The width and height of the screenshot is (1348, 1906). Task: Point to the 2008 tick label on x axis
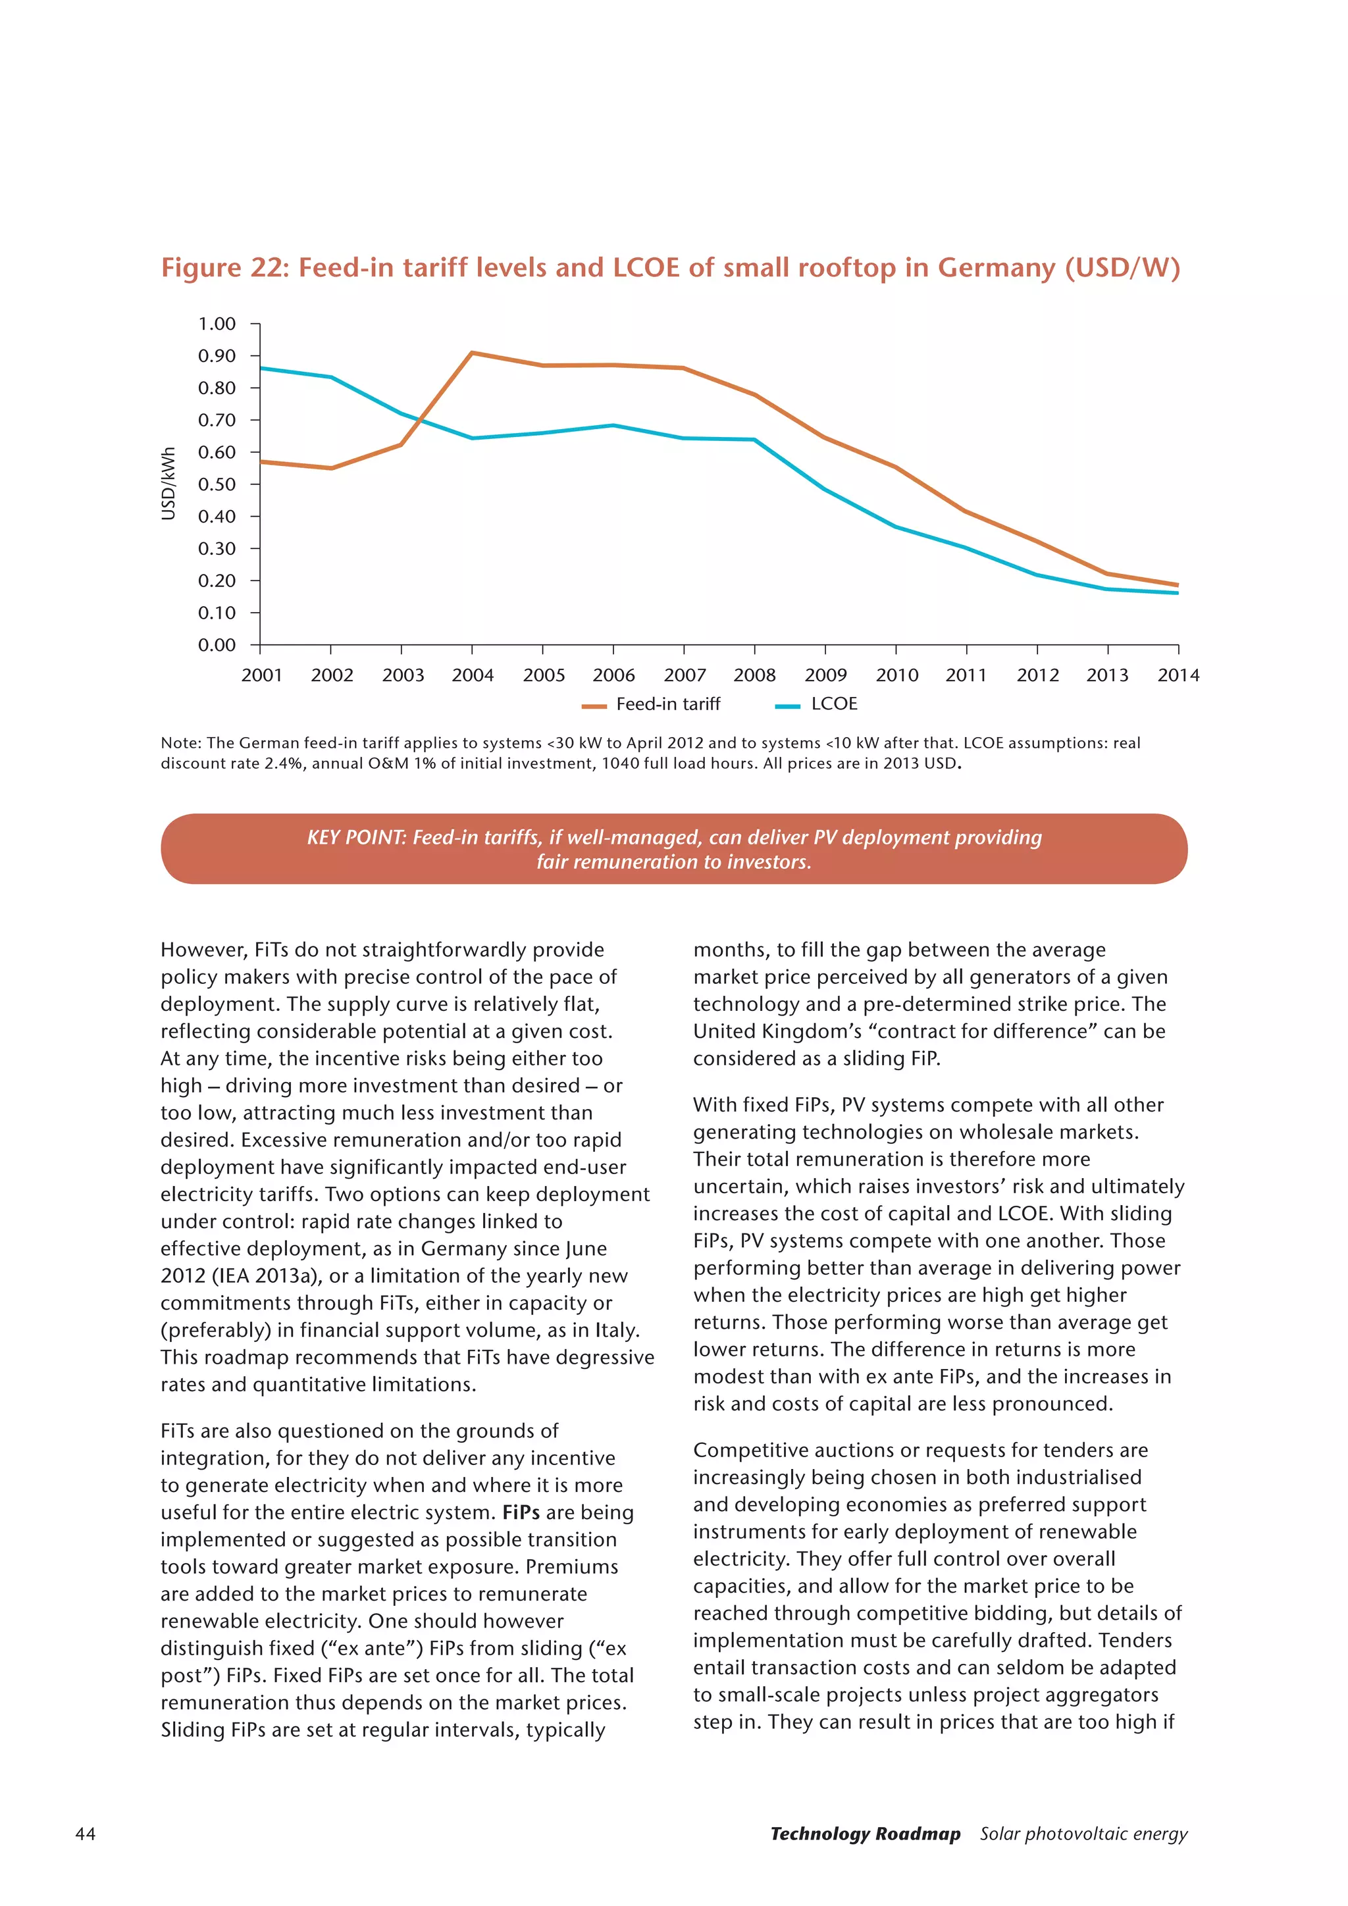[x=754, y=675]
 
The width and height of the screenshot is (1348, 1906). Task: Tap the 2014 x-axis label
[x=1178, y=675]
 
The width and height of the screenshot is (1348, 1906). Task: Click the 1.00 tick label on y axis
[x=217, y=324]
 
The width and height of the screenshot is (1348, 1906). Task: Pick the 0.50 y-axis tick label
[x=217, y=484]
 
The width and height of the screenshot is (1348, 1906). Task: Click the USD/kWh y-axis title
[x=168, y=484]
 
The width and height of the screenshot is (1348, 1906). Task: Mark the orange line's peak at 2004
[x=473, y=353]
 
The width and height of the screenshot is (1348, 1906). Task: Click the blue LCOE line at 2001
[x=261, y=368]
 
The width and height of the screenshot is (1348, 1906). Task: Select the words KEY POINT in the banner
[x=355, y=838]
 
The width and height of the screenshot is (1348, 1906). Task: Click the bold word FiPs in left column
[x=521, y=1512]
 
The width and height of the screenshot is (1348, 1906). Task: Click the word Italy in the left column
[x=617, y=1330]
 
